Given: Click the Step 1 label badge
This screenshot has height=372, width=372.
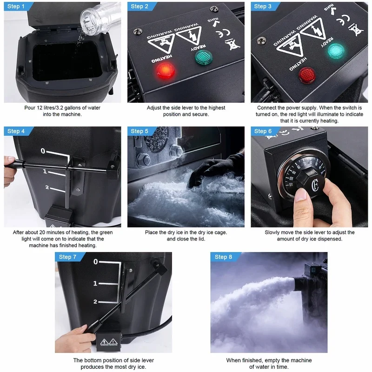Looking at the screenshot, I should pos(17,6).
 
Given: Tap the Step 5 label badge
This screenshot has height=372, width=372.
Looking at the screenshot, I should pos(140,131).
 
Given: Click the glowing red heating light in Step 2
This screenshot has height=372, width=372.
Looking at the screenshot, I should pos(164,70).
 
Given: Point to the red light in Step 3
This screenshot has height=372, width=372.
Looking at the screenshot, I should pos(306,74).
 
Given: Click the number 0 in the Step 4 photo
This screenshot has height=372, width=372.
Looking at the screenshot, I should pos(42,151).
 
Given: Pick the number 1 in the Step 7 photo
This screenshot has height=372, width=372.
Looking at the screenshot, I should pos(95,283).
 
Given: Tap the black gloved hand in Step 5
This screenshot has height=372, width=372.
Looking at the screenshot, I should pos(219,167).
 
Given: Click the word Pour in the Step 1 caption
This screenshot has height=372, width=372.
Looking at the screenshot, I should pos(30,108).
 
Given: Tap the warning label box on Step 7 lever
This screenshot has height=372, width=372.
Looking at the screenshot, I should pos(109,342).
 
